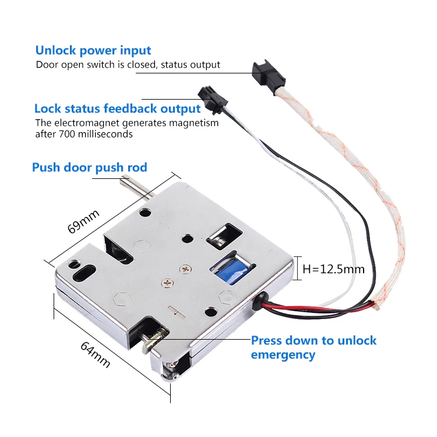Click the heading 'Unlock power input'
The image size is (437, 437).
[x=93, y=50]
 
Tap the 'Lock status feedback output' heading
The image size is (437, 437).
[x=117, y=108]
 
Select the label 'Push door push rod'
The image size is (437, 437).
[x=89, y=168]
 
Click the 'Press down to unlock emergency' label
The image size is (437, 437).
[x=313, y=347]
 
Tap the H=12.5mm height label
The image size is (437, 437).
[x=334, y=269]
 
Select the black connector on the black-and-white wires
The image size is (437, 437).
[x=208, y=94]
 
